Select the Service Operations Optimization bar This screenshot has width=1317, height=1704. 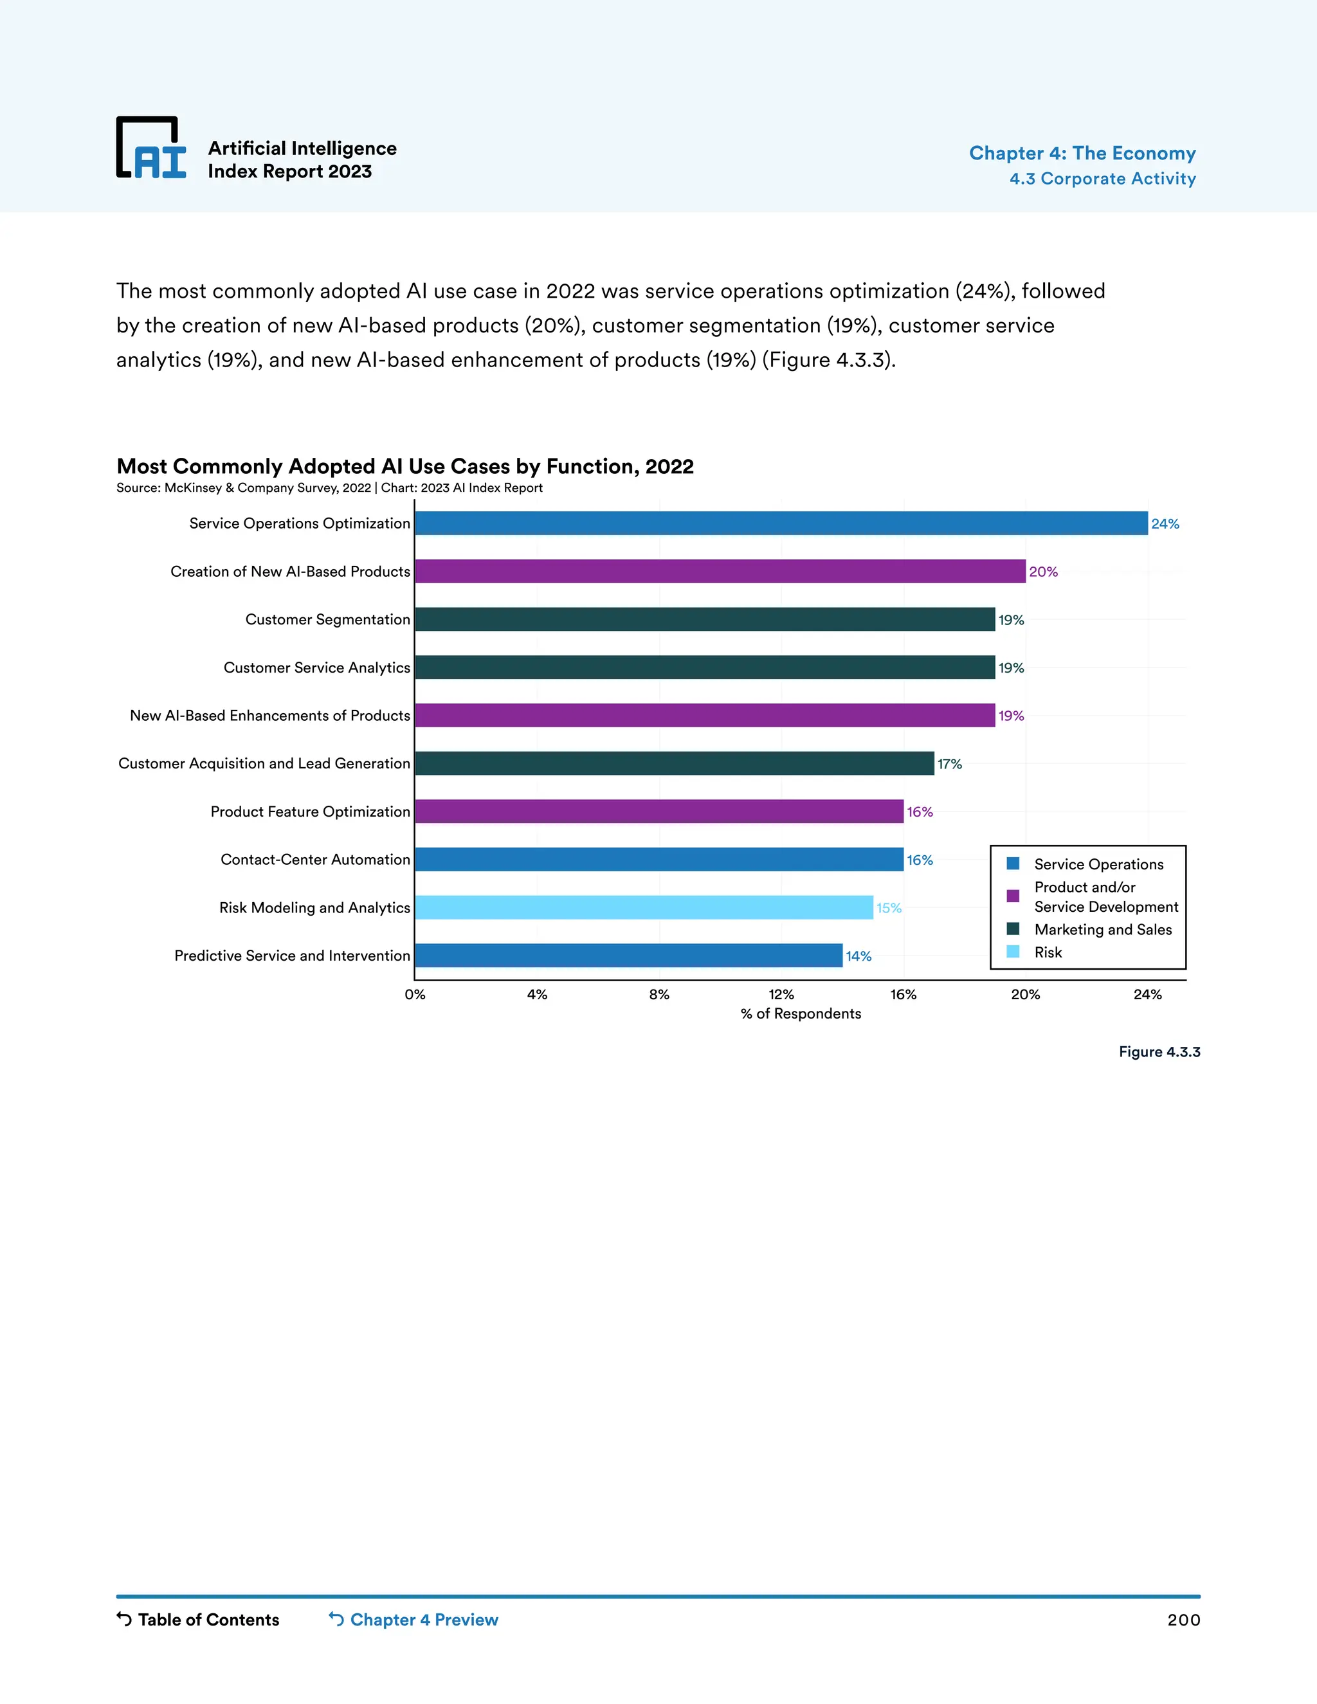click(780, 523)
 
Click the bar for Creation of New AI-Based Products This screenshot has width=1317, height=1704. click(720, 571)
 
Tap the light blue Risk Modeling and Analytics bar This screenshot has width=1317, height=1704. click(644, 907)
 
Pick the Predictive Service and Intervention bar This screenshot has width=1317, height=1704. click(628, 955)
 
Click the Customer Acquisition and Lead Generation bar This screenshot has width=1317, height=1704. click(674, 763)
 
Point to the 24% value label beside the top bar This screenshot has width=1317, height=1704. click(1165, 524)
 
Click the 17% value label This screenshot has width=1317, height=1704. click(950, 764)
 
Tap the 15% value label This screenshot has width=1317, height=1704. click(889, 908)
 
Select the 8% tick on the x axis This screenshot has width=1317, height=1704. click(659, 995)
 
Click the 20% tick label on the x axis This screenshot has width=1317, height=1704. click(1025, 995)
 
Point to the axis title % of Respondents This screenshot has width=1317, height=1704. click(801, 1013)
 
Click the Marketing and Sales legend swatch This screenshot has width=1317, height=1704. click(1013, 929)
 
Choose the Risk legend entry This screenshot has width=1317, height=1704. click(1048, 952)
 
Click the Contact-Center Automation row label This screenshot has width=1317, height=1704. click(315, 859)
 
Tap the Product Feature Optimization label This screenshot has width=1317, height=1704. click(310, 811)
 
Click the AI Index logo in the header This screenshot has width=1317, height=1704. click(151, 147)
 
